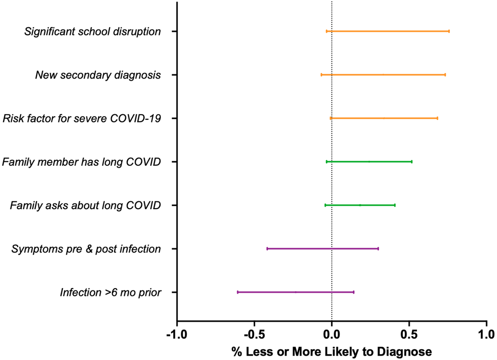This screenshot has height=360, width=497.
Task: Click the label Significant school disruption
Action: point(92,32)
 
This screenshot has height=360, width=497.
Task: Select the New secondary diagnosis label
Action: point(98,75)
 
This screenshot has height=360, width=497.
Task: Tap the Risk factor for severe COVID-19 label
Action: point(82,119)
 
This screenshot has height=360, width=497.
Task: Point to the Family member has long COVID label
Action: point(81,162)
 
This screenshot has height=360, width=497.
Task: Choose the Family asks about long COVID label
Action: point(85,206)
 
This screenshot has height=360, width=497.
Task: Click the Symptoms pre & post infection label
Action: point(86,249)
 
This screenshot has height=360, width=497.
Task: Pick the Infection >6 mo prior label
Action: point(110,293)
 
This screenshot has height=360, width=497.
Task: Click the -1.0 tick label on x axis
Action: point(177,334)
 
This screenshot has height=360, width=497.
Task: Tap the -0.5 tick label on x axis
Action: point(254,334)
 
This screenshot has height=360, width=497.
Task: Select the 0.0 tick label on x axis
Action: point(332,334)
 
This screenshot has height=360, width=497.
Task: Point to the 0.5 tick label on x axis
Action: point(409,334)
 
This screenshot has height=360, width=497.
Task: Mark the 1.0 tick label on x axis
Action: point(486,334)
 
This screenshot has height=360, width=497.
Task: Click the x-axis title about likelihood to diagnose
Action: point(332,352)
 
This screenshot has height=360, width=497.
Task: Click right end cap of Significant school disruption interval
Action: point(449,31)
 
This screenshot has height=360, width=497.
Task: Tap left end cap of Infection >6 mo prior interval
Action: point(237,292)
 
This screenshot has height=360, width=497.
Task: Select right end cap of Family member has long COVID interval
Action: point(412,162)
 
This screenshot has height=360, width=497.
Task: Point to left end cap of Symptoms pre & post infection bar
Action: point(267,249)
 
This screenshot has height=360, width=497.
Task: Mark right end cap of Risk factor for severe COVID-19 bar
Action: point(437,118)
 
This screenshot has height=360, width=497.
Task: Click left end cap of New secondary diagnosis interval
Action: point(321,75)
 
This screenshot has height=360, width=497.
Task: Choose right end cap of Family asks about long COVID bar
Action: point(395,205)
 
